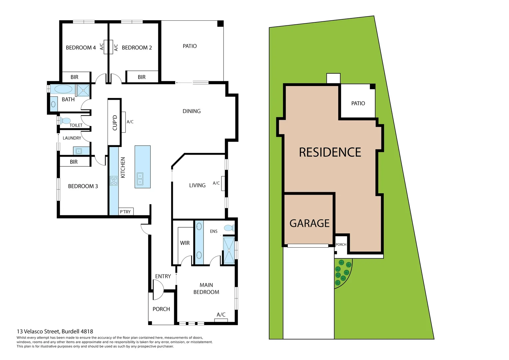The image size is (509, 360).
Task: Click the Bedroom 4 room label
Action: pyautogui.click(x=81, y=48)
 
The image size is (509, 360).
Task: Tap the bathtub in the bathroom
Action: pyautogui.click(x=63, y=89)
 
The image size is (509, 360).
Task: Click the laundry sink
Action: pyautogui.click(x=79, y=151)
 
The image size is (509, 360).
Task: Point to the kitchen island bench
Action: pyautogui.click(x=143, y=167)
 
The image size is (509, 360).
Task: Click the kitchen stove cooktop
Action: pyautogui.click(x=114, y=181)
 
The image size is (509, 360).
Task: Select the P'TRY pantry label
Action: pyautogui.click(x=125, y=212)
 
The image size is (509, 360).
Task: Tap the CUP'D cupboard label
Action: pyautogui.click(x=115, y=122)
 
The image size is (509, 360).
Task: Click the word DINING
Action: pyautogui.click(x=192, y=111)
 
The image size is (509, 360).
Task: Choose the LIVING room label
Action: pyautogui.click(x=197, y=185)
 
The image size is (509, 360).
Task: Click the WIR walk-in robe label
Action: pyautogui.click(x=185, y=243)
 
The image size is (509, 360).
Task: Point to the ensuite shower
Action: pyautogui.click(x=229, y=250)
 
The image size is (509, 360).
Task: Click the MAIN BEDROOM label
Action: pyautogui.click(x=206, y=289)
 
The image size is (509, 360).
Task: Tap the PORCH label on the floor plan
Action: pyautogui.click(x=161, y=309)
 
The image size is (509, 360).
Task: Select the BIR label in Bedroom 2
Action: pyautogui.click(x=142, y=77)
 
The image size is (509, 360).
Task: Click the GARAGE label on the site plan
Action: pyautogui.click(x=309, y=223)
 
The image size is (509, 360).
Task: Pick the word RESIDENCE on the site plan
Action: pyautogui.click(x=330, y=152)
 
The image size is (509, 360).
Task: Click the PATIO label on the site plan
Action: pyautogui.click(x=358, y=103)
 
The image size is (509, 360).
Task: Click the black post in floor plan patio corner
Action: pyautogui.click(x=220, y=24)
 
